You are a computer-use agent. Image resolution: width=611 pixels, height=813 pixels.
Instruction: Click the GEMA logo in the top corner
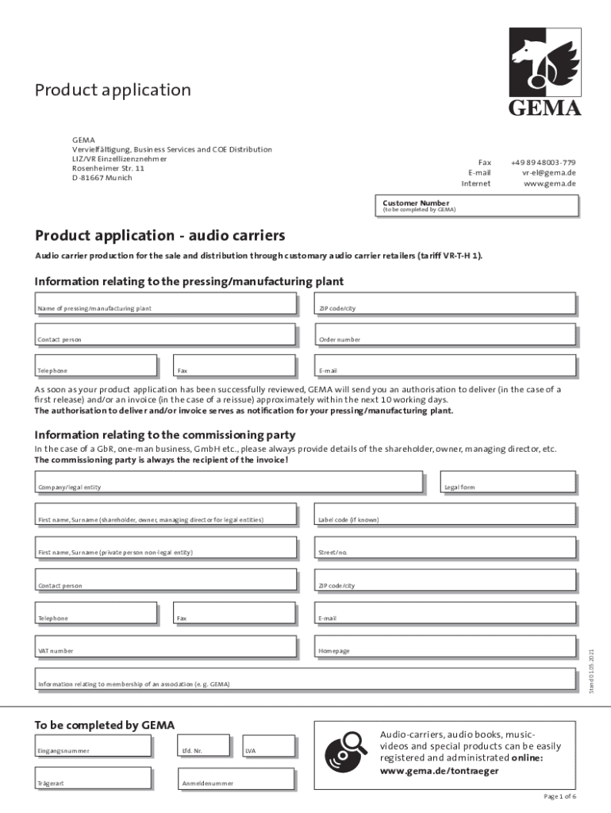click(x=544, y=72)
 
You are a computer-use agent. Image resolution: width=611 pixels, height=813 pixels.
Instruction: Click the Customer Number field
click(x=479, y=206)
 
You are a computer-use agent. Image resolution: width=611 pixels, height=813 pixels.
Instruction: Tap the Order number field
click(x=445, y=334)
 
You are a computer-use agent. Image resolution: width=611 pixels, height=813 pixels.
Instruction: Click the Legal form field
click(x=508, y=482)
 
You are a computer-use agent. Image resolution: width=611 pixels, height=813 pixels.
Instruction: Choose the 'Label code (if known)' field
click(x=445, y=514)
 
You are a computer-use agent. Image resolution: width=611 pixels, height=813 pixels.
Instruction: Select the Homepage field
click(x=445, y=645)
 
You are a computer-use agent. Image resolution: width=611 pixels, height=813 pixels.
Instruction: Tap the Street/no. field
click(x=445, y=547)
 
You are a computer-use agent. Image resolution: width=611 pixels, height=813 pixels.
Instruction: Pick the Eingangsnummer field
click(x=93, y=746)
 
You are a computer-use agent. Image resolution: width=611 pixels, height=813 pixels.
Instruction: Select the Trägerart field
click(x=93, y=778)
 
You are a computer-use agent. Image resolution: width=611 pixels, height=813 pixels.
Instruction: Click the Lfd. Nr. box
click(x=203, y=746)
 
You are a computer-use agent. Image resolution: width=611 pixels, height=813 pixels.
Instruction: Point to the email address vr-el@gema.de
click(x=548, y=172)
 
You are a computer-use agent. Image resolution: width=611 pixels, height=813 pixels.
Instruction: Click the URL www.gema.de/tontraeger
click(x=440, y=771)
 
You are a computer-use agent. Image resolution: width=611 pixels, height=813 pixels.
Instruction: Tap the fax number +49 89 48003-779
click(x=543, y=162)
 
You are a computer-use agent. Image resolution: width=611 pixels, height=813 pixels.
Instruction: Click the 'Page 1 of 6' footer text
click(x=559, y=796)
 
